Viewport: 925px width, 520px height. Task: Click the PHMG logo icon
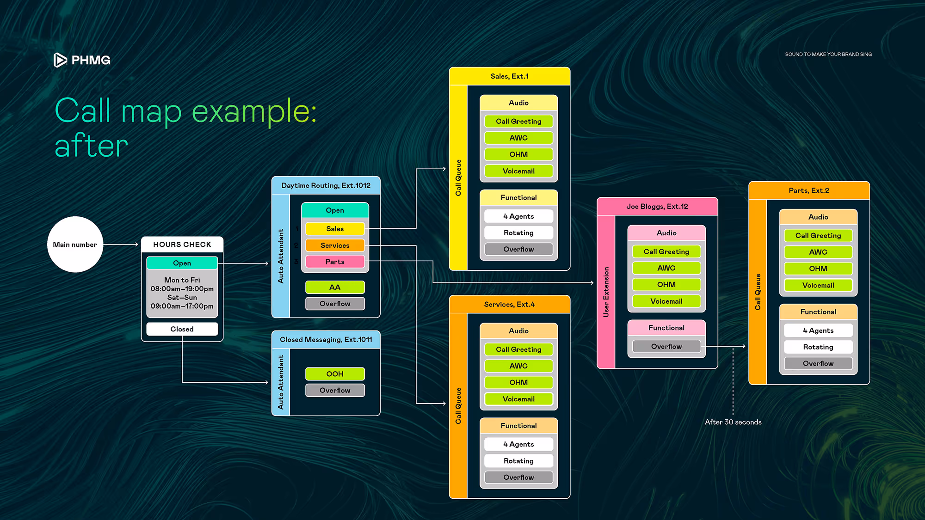click(x=60, y=60)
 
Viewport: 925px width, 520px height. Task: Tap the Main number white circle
click(x=75, y=245)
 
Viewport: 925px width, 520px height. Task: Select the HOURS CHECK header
click(x=182, y=245)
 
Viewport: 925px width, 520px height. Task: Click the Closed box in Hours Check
click(x=182, y=329)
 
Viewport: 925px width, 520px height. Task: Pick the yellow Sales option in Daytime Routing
click(x=335, y=229)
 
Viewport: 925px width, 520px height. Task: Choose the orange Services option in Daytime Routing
click(x=335, y=245)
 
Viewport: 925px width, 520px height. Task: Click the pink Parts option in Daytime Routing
click(x=335, y=262)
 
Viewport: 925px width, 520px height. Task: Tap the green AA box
click(x=335, y=288)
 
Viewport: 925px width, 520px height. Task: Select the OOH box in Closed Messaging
click(x=335, y=374)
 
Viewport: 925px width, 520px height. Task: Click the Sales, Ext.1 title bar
click(x=510, y=76)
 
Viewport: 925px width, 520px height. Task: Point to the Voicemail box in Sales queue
click(x=518, y=171)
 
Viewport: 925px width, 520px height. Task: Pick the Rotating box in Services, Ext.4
click(x=518, y=461)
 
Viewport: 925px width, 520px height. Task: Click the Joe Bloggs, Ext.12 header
click(x=657, y=207)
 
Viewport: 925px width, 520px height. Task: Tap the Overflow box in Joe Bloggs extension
click(x=666, y=347)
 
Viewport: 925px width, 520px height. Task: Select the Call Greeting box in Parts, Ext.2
click(x=818, y=236)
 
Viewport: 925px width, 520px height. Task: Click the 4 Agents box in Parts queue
click(x=818, y=330)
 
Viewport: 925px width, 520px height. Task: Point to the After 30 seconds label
click(x=733, y=422)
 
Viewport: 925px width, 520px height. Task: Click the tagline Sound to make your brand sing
click(x=828, y=55)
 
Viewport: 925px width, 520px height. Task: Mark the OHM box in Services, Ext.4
click(x=518, y=383)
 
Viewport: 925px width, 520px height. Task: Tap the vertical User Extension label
click(x=606, y=292)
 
